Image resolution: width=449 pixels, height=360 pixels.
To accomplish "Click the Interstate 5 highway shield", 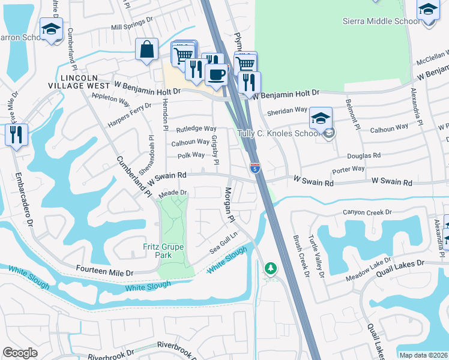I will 255,169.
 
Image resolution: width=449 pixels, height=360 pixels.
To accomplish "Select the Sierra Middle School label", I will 381,21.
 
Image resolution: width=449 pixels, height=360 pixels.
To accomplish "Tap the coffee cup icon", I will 216,74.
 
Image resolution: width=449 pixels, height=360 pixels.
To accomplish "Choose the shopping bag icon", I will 147,50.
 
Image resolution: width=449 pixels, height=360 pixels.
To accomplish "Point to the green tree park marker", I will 271,268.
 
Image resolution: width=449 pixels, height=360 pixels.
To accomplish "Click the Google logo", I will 20,353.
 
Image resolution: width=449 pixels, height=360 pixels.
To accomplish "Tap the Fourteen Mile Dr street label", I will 104,272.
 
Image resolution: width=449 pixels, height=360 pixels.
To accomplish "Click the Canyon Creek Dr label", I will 367,212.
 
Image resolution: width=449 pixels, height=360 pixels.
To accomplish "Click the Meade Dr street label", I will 173,193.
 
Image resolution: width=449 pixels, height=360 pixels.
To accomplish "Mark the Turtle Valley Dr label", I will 316,257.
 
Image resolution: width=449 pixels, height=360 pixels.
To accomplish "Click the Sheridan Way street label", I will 288,110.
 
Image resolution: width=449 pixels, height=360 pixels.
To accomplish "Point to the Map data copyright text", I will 423,355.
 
